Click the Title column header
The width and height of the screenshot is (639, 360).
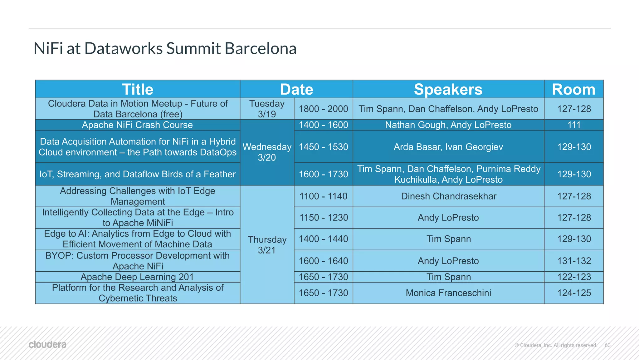tap(138, 89)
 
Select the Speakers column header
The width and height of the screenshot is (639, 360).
tap(448, 89)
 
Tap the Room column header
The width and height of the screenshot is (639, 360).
tap(573, 89)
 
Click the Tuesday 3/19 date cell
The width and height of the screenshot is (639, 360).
tap(267, 109)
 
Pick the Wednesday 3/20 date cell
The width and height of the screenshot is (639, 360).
tap(267, 152)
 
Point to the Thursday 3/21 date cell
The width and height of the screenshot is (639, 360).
tap(267, 244)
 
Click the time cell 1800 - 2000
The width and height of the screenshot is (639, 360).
tap(323, 109)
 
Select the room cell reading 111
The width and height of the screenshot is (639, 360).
tap(573, 125)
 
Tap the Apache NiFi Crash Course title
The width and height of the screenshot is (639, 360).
tap(137, 125)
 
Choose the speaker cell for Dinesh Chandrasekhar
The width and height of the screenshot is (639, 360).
tap(448, 196)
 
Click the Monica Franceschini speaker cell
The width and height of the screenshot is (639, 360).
tap(448, 293)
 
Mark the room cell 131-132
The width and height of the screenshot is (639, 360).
tap(574, 261)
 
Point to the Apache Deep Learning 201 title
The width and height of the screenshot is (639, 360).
tap(137, 277)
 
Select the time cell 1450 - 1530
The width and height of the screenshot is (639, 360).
tap(323, 147)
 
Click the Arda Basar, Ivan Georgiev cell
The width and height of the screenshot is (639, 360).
tap(448, 147)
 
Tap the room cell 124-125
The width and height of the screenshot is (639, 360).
tap(574, 293)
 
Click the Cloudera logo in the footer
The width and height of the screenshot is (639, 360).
tap(47, 344)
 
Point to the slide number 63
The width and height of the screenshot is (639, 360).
tap(607, 345)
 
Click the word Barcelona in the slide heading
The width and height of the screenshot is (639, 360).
tap(260, 48)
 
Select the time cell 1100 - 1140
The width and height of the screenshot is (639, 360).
tap(323, 196)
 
